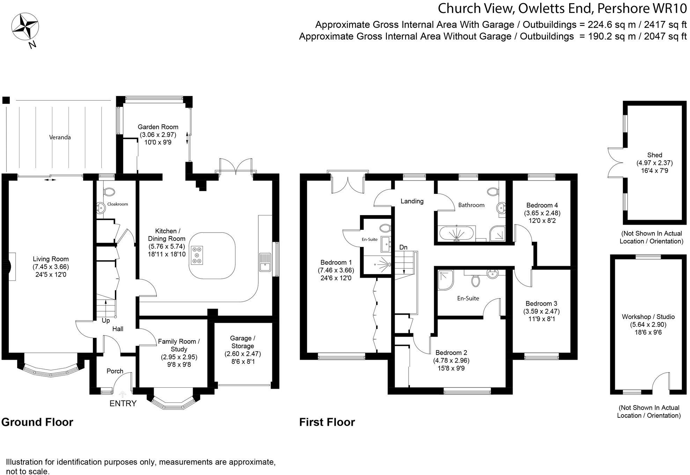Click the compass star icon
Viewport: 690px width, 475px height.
pyautogui.click(x=25, y=27)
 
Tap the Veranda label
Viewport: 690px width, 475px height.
pyautogui.click(x=60, y=137)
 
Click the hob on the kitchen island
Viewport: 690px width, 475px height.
pyautogui.click(x=197, y=255)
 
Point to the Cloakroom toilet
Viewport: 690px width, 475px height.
pyautogui.click(x=109, y=192)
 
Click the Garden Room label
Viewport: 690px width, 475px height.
pyautogui.click(x=158, y=127)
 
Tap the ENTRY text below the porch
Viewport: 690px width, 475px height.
pyautogui.click(x=123, y=403)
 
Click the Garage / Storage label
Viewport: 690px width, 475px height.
pyautogui.click(x=242, y=342)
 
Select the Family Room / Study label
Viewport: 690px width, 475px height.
pyautogui.click(x=179, y=345)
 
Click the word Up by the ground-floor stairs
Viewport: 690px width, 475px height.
pyautogui.click(x=105, y=320)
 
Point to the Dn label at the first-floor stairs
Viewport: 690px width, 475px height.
pyautogui.click(x=403, y=247)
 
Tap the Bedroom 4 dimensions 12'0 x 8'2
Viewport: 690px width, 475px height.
pyautogui.click(x=542, y=221)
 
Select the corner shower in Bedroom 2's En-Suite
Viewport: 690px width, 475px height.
pyautogui.click(x=445, y=279)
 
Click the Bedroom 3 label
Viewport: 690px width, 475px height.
pyautogui.click(x=541, y=304)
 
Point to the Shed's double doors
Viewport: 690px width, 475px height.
pyautogui.click(x=615, y=162)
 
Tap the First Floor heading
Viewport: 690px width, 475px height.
pyautogui.click(x=327, y=422)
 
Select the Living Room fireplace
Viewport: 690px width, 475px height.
pyautogui.click(x=12, y=266)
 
